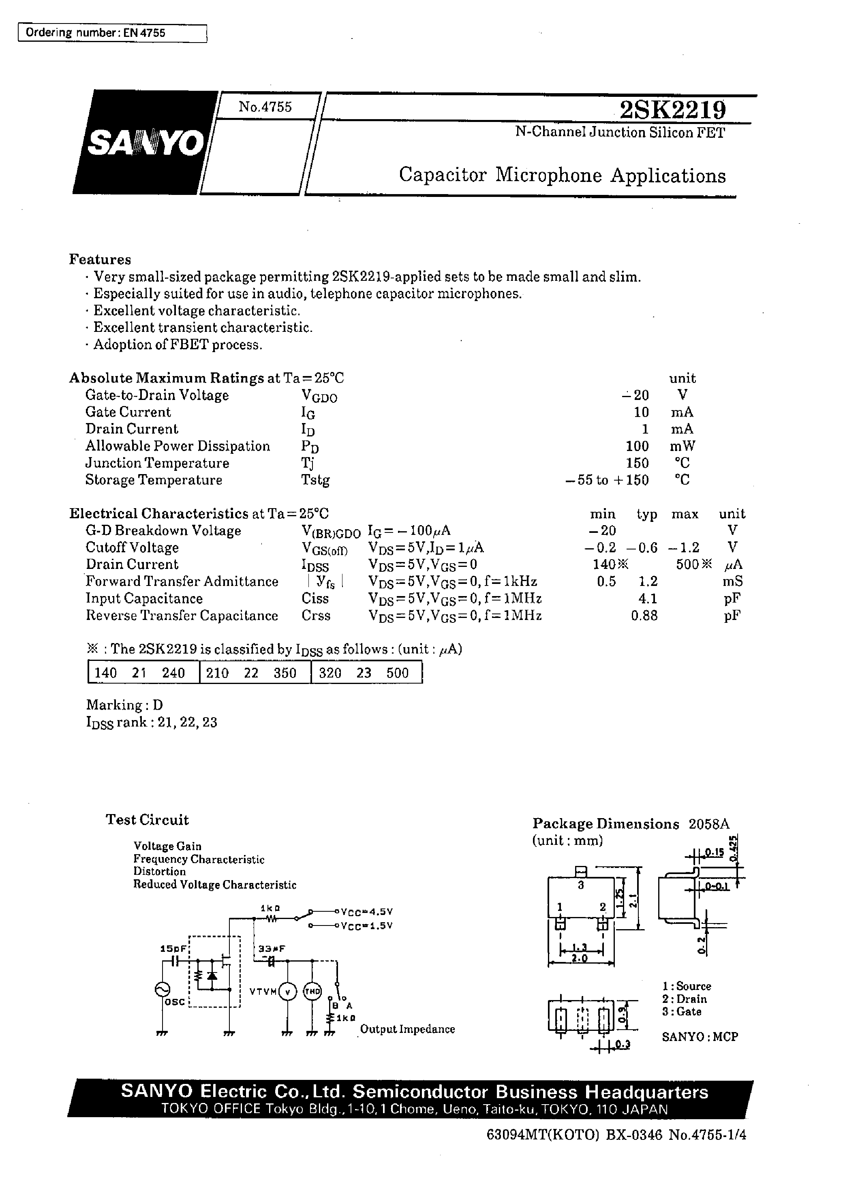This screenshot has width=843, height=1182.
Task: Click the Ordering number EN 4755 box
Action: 112,33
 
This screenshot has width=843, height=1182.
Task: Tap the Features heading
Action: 100,259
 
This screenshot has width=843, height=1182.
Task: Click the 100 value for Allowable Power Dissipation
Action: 637,446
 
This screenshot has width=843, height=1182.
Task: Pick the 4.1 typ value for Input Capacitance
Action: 648,599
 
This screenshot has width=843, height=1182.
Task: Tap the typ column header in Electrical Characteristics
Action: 647,514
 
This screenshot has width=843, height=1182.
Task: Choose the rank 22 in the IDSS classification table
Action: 251,673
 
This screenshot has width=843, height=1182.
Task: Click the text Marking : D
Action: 124,705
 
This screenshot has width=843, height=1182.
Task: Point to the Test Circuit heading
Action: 148,820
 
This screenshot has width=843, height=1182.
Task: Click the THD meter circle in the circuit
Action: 312,991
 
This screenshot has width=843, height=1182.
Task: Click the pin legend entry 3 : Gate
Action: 682,1011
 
